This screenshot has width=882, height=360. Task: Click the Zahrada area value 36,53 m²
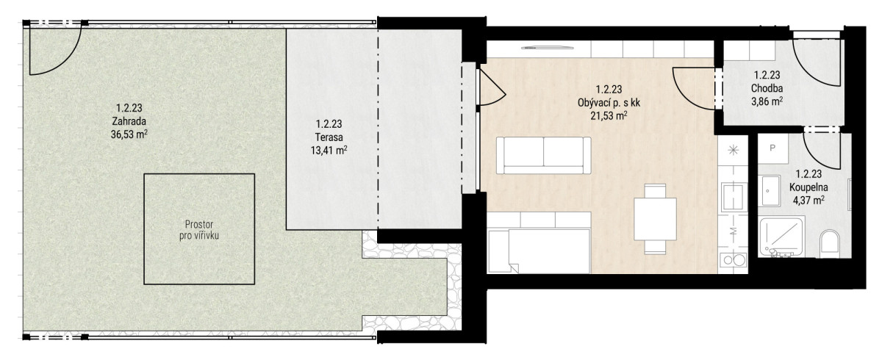coord(129,134)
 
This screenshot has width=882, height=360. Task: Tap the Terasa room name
coord(329,137)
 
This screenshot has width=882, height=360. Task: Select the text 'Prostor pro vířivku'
coord(199,230)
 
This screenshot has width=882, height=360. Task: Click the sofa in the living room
coord(543,156)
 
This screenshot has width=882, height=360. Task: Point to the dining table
coord(655,219)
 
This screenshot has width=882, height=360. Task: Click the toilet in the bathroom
coord(829,244)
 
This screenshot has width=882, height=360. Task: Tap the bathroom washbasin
coord(770,191)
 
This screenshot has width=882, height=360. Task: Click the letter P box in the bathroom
coord(772,148)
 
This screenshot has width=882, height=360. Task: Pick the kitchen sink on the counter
coord(734,197)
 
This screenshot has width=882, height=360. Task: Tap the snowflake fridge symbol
coord(734,150)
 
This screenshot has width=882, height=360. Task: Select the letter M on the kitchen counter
coord(734,231)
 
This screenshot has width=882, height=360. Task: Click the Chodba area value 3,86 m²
coord(767,102)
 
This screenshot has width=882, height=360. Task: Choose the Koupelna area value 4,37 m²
coord(808,201)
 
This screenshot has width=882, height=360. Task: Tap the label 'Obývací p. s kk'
coord(609,103)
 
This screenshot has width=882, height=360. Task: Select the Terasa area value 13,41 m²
coord(329,151)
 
